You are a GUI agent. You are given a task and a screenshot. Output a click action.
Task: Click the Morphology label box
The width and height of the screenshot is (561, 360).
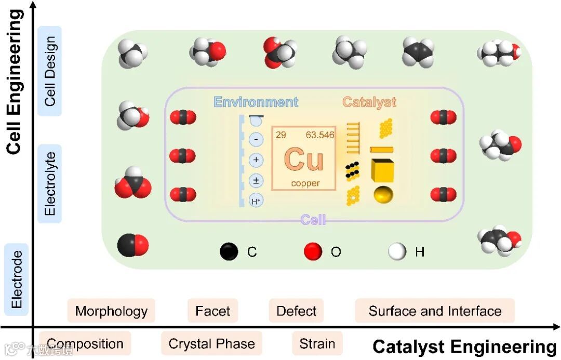(x=111, y=311)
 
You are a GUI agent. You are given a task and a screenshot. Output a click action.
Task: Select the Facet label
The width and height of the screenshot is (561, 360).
(x=212, y=311)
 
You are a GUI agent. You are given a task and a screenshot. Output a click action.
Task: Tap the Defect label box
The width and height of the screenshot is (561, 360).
(x=296, y=311)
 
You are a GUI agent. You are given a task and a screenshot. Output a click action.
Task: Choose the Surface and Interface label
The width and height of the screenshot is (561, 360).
(x=435, y=311)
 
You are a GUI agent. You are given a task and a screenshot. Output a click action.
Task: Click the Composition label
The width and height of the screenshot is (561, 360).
(x=85, y=344)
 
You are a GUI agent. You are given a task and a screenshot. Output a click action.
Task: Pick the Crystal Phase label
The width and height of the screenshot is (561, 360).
(x=211, y=344)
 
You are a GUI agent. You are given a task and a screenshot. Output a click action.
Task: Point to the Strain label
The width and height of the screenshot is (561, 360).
(x=317, y=343)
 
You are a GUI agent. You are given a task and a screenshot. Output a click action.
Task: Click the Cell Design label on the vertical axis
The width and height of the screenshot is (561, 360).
(x=50, y=71)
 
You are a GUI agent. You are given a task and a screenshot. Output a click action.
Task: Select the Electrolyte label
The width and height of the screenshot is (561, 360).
(x=50, y=183)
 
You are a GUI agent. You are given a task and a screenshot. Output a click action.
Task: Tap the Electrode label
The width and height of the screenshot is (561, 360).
(x=17, y=279)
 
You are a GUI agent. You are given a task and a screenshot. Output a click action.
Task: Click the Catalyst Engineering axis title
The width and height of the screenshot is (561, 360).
(x=464, y=346)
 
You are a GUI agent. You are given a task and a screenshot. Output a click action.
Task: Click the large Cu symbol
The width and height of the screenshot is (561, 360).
(x=304, y=159)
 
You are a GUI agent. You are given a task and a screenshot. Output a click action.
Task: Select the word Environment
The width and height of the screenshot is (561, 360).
(x=256, y=102)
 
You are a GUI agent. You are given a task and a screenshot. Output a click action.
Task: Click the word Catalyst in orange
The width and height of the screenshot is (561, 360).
(x=369, y=102)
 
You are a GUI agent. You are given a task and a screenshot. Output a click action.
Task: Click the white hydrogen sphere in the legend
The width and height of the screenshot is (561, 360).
(x=397, y=252)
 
